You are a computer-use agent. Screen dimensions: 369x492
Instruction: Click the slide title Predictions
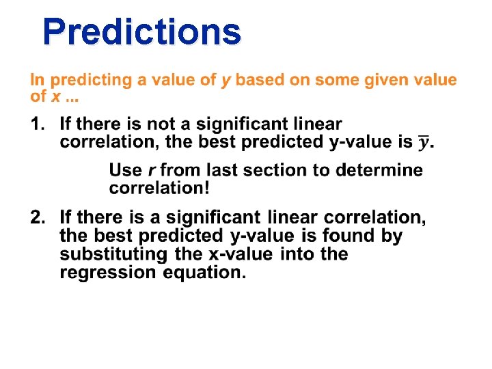(x=141, y=31)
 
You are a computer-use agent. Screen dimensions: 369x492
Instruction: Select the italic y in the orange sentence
(x=225, y=81)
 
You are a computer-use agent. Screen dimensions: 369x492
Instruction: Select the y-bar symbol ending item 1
(x=425, y=142)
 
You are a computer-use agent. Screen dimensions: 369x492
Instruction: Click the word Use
(x=125, y=170)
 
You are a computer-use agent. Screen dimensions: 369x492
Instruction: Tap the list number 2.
(x=37, y=218)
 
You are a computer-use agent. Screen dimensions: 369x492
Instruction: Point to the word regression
(x=102, y=273)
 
